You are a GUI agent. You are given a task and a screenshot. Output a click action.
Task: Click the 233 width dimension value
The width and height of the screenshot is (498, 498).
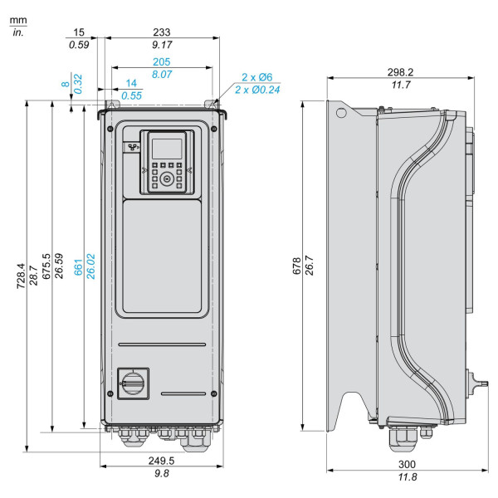pos(162,32)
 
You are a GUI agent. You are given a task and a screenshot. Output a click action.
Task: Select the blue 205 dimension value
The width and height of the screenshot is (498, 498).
pos(162,61)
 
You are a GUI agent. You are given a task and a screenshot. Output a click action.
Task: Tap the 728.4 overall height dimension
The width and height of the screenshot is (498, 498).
pos(21,276)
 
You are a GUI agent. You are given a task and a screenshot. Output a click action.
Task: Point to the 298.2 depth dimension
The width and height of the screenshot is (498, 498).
pos(400,72)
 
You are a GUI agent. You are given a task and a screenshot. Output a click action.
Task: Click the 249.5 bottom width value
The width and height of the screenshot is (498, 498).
pos(161,461)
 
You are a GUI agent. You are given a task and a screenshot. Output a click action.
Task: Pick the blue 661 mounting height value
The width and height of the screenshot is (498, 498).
pos(78,267)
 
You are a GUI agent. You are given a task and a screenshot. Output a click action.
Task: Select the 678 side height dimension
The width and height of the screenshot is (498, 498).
pos(296,266)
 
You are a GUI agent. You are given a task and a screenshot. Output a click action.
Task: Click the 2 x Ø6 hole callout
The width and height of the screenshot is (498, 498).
pos(257,77)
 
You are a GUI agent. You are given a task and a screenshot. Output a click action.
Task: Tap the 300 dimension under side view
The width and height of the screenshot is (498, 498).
pos(407,464)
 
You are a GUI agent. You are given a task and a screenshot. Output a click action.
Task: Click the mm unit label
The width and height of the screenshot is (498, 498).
pos(18,21)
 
